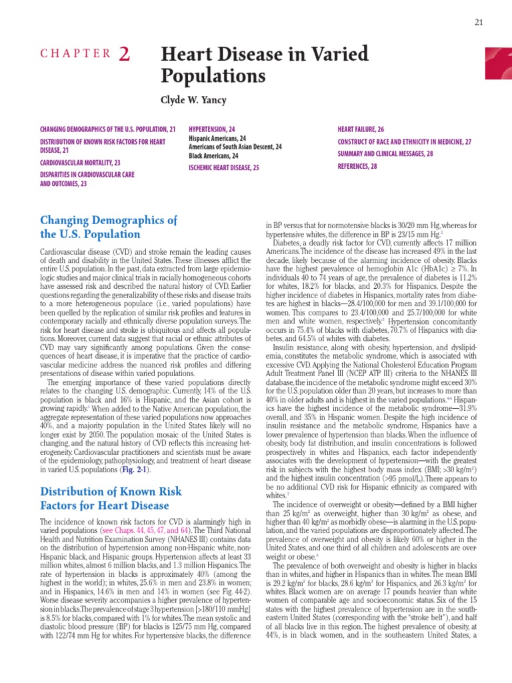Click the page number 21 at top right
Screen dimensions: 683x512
pos(479,23)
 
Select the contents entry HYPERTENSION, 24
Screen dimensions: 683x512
pos(212,129)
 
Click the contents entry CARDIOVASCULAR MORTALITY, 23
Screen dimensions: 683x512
pos(81,163)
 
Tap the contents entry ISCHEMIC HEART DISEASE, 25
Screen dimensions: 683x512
pos(224,168)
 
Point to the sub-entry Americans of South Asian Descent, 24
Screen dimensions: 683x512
pos(235,147)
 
